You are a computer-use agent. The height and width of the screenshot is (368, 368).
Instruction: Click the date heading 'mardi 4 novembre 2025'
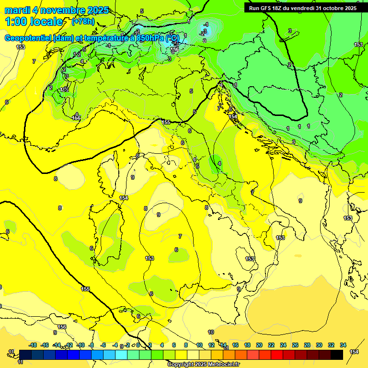(57, 10)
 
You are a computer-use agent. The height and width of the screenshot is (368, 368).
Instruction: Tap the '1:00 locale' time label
(34, 22)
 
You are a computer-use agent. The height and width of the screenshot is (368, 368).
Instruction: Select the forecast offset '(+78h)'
(82, 22)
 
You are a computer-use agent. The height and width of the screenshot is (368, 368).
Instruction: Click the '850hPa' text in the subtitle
(150, 38)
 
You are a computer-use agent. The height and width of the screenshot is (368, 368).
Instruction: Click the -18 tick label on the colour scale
(33, 345)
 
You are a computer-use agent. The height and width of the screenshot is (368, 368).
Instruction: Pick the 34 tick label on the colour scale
(343, 345)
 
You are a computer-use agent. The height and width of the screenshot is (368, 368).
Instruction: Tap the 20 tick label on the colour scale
(259, 345)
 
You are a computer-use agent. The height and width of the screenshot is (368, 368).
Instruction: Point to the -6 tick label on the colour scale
(103, 345)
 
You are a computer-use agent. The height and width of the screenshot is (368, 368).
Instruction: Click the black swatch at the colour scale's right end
(337, 355)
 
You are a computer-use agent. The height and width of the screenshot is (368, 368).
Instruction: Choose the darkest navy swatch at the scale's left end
(25, 355)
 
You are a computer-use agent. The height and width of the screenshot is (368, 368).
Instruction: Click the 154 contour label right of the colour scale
(354, 352)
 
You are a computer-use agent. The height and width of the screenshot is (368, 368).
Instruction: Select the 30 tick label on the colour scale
(319, 345)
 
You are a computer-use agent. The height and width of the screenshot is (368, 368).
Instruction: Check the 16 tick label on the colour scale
(235, 345)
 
